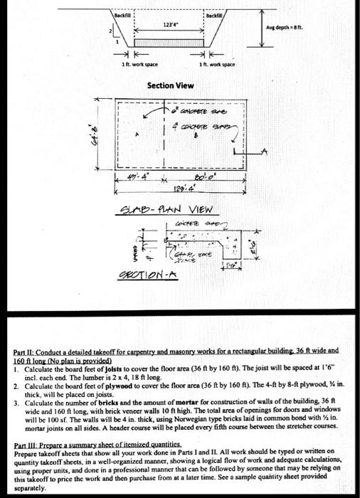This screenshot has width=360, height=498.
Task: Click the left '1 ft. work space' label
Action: click(134, 65)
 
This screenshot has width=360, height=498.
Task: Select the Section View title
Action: click(170, 85)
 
